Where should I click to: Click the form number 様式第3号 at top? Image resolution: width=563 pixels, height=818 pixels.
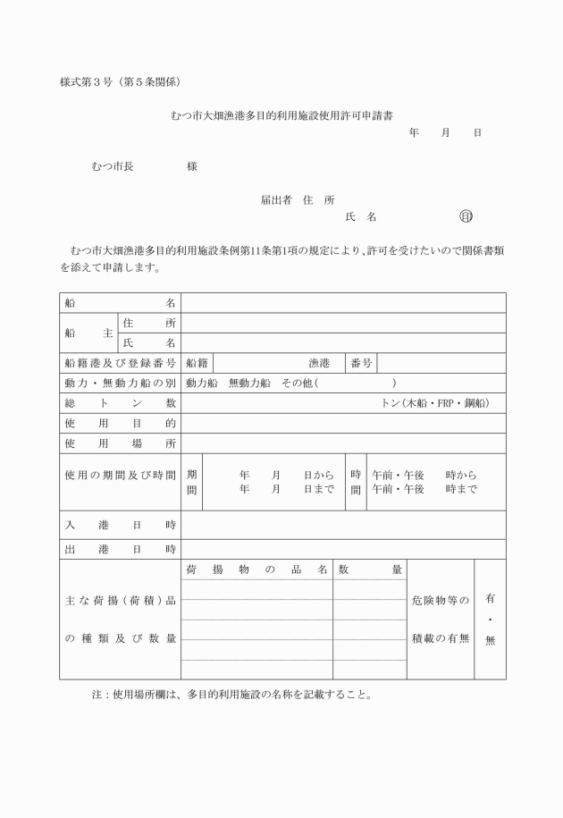click(x=89, y=83)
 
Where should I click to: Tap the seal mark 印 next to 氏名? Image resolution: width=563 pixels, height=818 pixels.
click(x=466, y=217)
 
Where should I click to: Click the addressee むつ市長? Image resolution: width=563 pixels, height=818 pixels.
click(x=113, y=166)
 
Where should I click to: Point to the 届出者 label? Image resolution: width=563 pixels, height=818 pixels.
click(x=276, y=200)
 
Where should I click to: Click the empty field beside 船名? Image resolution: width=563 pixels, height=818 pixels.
click(x=343, y=303)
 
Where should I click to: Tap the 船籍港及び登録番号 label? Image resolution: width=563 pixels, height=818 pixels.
click(x=120, y=363)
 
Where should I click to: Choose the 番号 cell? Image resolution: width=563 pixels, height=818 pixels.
click(x=361, y=363)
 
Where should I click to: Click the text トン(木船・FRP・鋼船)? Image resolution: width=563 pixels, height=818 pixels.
click(x=435, y=403)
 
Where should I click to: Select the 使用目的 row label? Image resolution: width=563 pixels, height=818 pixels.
click(x=120, y=423)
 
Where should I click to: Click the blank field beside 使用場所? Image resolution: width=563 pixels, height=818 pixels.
click(x=343, y=443)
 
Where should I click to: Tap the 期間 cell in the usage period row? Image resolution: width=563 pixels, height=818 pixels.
click(x=192, y=482)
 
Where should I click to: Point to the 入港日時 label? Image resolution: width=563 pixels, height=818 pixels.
click(x=120, y=525)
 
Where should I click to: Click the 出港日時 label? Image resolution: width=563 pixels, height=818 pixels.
click(x=120, y=549)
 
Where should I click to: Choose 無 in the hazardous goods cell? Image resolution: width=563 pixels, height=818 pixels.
click(x=489, y=641)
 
